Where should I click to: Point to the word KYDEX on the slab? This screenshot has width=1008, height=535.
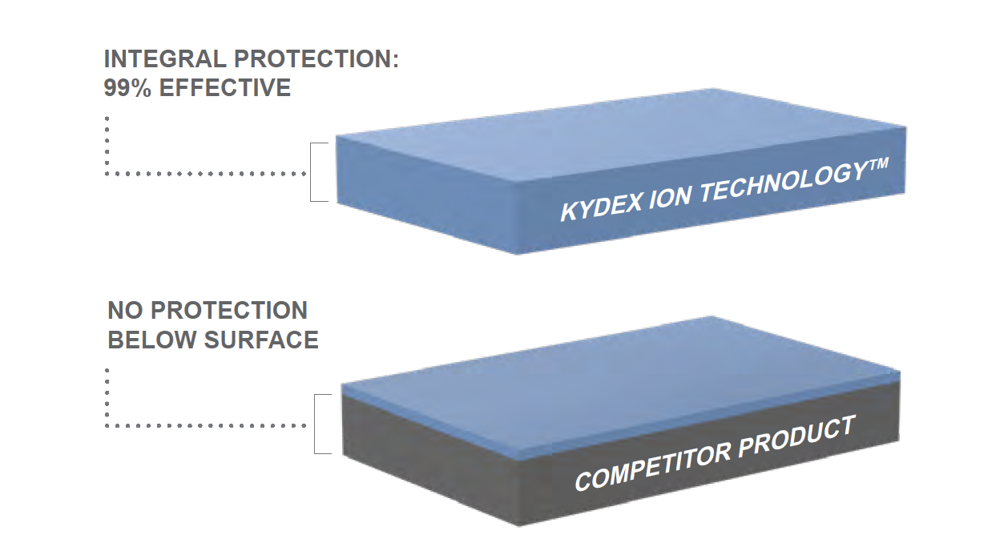(x=595, y=207)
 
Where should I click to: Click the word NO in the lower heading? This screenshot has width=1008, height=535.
(x=125, y=311)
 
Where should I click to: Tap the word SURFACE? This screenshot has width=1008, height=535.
(x=261, y=340)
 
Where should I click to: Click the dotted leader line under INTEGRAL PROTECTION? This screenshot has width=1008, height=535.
(x=200, y=173)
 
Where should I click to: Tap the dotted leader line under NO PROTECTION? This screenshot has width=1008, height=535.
(x=200, y=424)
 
